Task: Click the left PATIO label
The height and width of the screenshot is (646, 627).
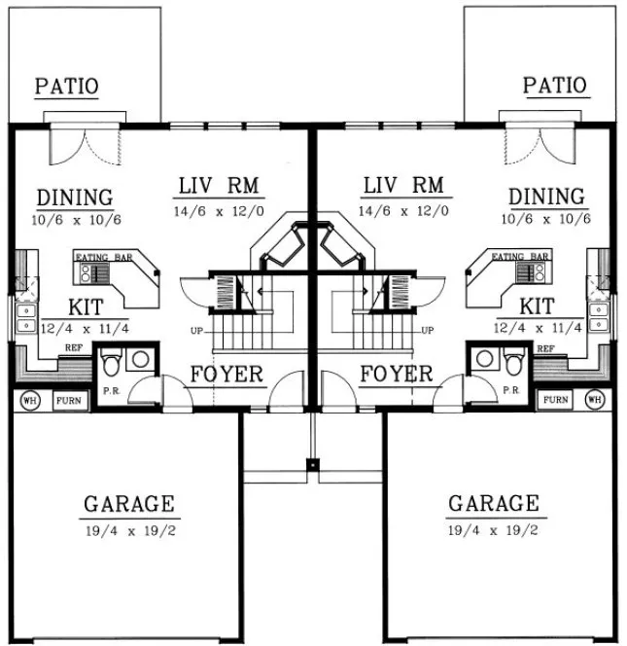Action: (67, 86)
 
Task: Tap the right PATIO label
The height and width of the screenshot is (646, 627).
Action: (555, 86)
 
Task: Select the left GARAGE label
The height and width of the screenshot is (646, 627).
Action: (128, 504)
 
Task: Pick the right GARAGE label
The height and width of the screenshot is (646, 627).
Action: (493, 504)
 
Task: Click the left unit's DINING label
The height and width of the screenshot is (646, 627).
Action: (75, 197)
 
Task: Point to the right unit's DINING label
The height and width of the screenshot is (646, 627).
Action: (546, 197)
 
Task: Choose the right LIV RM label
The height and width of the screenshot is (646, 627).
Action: (402, 185)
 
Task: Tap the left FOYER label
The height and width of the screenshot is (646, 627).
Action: (226, 375)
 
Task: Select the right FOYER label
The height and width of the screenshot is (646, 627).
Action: (396, 375)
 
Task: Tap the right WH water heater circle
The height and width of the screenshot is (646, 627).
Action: (596, 400)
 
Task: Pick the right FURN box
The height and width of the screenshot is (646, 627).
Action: (556, 400)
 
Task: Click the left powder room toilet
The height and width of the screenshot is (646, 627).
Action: (112, 363)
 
